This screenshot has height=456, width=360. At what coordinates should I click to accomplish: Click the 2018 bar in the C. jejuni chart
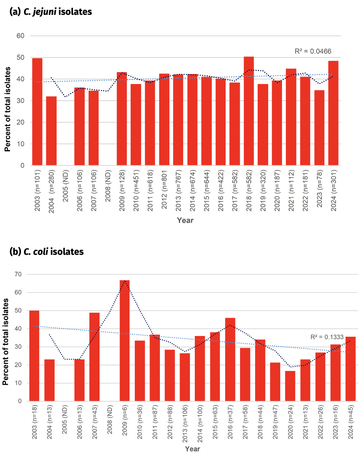tap(248, 111)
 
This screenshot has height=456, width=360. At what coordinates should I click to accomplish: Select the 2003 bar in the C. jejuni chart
tap(37, 112)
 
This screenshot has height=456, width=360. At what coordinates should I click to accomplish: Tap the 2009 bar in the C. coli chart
tap(125, 341)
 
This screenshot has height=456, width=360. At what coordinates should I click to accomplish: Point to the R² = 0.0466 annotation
tap(313, 52)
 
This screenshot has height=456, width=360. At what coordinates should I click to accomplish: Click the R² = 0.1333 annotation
tap(327, 337)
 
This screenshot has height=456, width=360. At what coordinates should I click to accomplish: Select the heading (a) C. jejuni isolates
tap(51, 12)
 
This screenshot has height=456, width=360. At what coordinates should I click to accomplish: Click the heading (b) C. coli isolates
tap(47, 252)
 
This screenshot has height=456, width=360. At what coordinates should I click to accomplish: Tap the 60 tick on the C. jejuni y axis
tap(20, 36)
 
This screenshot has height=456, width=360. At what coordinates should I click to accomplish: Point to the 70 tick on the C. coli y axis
tap(18, 274)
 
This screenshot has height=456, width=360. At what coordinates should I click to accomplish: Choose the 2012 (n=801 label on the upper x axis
tap(164, 190)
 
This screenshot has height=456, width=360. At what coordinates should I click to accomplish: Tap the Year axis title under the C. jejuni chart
tap(185, 220)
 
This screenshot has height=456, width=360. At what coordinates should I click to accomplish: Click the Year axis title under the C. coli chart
tap(192, 449)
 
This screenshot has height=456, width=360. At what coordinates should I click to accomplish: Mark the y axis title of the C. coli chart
tap(6, 342)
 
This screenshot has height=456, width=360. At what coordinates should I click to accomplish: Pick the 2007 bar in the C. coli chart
tap(94, 357)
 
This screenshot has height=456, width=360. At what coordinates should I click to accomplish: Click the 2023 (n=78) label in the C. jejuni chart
tap(319, 191)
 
